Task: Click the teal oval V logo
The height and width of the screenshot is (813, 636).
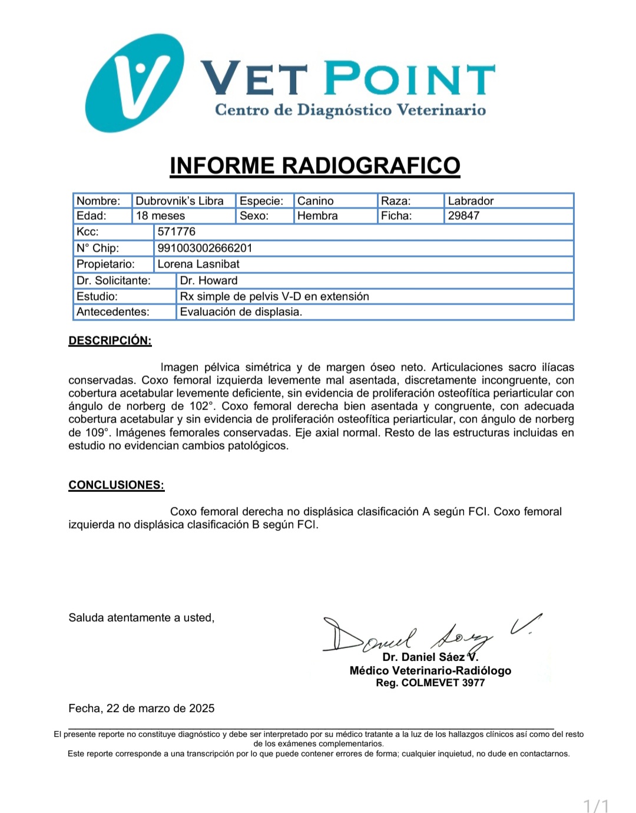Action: point(134,82)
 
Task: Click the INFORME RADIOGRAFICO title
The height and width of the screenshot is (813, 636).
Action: point(315,166)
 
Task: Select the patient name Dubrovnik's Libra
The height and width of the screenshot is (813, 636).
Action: point(180,201)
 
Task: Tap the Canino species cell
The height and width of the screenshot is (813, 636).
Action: point(316,201)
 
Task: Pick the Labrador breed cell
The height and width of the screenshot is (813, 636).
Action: point(471,201)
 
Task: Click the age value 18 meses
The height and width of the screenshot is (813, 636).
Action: point(160,216)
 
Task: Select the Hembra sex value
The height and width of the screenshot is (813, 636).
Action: point(317,216)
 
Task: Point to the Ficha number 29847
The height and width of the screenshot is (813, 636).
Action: point(463,216)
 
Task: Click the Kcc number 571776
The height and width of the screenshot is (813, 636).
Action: point(176,232)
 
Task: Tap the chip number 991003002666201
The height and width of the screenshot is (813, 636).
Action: point(204,248)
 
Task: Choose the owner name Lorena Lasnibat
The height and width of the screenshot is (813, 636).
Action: point(198,264)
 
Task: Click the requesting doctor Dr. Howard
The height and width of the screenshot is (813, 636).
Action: point(208,280)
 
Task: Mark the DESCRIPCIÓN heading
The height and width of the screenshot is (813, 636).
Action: point(110,341)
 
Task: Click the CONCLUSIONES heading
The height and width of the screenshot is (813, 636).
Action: point(116,485)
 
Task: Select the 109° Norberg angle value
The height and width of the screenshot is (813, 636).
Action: point(95,432)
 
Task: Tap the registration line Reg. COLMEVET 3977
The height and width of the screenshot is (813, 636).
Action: point(430,683)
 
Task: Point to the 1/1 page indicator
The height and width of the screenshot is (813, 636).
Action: point(596,805)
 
